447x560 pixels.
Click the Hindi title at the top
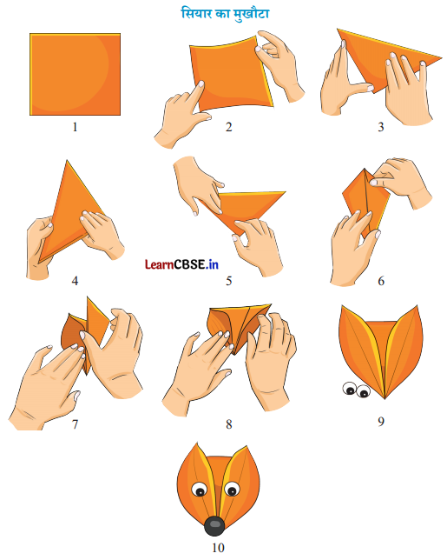click(x=225, y=14)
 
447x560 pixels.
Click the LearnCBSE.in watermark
click(x=181, y=264)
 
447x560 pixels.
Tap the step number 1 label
click(x=75, y=127)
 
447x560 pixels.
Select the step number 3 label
click(x=381, y=127)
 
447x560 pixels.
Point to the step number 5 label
click(x=229, y=281)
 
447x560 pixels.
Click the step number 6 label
click(x=381, y=281)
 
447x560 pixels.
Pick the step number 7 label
click(x=75, y=424)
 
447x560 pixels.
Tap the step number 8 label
click(x=229, y=424)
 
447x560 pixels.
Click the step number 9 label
click(x=381, y=422)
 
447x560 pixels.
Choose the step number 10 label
click(x=218, y=548)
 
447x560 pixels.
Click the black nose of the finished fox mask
click(x=214, y=526)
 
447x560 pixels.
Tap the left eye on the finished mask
click(x=199, y=490)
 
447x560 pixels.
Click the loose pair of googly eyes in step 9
click(x=356, y=390)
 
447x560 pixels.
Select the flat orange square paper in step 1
click(x=75, y=74)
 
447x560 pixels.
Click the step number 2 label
click(x=229, y=127)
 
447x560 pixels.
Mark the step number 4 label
click(x=75, y=281)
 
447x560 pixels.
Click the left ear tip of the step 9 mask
click(x=341, y=306)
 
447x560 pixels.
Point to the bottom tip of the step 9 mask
click(x=385, y=398)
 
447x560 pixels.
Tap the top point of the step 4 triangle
click(x=67, y=160)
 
